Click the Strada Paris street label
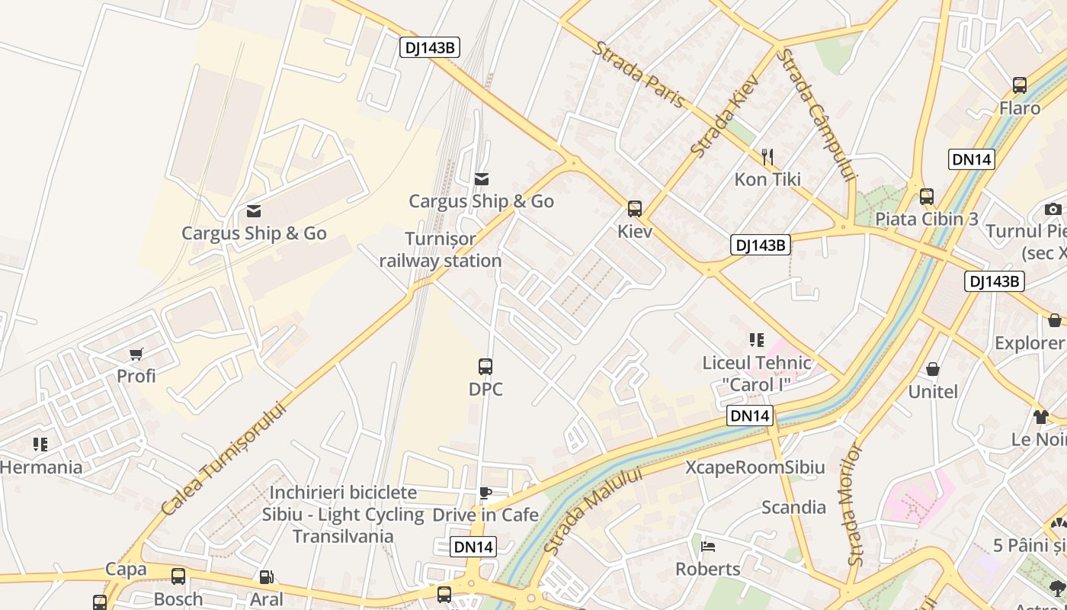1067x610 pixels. [x=639, y=75]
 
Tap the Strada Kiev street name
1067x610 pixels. [x=725, y=116]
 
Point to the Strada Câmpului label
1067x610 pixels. [x=816, y=115]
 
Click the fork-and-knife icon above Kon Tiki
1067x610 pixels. [x=767, y=158]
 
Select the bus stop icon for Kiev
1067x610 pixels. [x=634, y=208]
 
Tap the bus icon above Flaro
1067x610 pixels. [x=1020, y=85]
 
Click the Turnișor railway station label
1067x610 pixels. [x=441, y=250]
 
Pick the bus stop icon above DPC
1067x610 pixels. [x=485, y=367]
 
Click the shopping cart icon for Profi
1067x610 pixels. [x=136, y=354]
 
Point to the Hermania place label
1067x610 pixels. [x=41, y=467]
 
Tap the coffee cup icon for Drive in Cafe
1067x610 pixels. [x=485, y=493]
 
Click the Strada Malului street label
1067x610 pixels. [x=594, y=512]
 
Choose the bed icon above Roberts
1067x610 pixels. [x=708, y=547]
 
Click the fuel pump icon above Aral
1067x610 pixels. [x=266, y=577]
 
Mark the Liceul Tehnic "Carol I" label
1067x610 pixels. [x=757, y=373]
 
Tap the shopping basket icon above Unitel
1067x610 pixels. [x=932, y=370]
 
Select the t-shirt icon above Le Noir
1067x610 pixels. [x=1041, y=416]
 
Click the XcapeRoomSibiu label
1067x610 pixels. [x=755, y=467]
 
